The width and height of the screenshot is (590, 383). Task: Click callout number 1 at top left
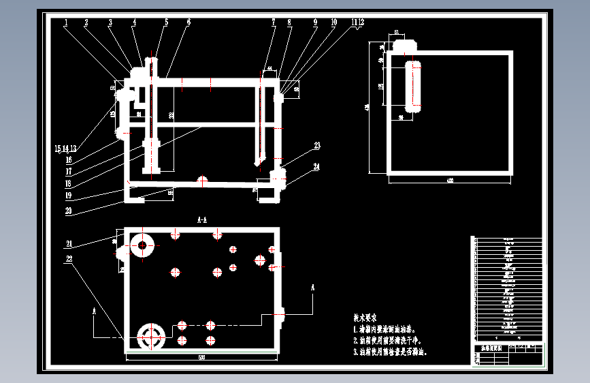tap(66, 22)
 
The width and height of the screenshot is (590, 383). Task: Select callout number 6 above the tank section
tap(189, 22)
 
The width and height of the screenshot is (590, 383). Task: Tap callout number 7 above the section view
tap(273, 22)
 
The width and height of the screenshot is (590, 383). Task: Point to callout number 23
tap(317, 145)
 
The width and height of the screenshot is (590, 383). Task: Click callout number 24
tap(317, 166)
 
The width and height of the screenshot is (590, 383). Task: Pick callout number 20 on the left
tap(69, 211)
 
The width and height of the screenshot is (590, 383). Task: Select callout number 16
tap(69, 161)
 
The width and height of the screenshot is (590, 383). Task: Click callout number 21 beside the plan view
tap(69, 243)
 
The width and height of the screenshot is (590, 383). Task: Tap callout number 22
tap(69, 259)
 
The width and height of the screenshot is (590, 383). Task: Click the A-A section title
tap(201, 220)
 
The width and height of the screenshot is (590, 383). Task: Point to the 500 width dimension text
tap(201, 357)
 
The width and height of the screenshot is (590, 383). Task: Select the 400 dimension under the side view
tap(449, 181)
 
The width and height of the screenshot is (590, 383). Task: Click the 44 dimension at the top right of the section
tap(269, 70)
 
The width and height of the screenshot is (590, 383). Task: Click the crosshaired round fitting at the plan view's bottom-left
tap(150, 335)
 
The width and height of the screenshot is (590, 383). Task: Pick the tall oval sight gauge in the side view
tap(413, 86)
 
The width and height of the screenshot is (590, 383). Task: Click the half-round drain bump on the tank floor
tap(201, 180)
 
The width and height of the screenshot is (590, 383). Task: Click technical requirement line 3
tap(391, 352)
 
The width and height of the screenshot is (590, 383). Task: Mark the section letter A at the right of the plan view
tap(313, 288)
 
